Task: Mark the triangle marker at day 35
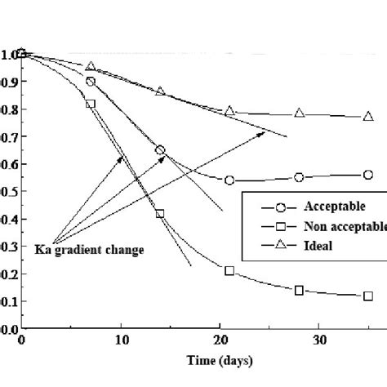click(368, 117)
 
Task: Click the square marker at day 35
click(368, 296)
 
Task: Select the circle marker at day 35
click(368, 175)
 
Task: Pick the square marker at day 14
click(160, 214)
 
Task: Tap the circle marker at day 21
click(229, 180)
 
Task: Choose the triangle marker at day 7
click(91, 66)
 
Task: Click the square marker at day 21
click(229, 270)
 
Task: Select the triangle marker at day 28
click(300, 113)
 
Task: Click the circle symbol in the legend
click(270, 207)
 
